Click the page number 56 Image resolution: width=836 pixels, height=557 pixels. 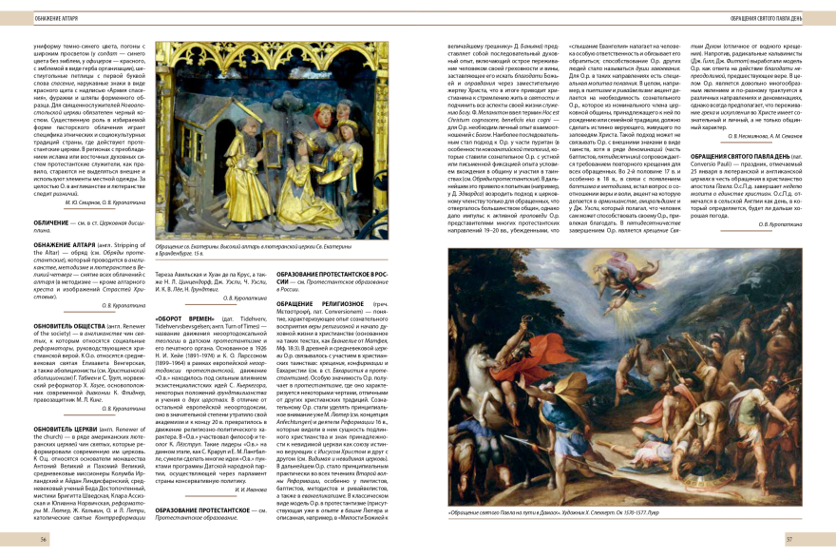(x=44, y=539)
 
